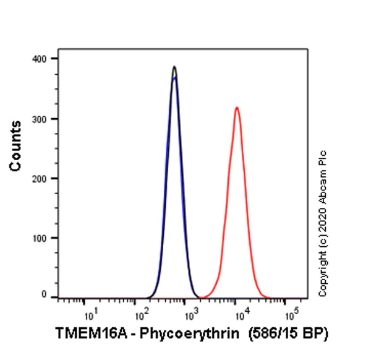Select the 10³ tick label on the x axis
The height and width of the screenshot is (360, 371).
(x=189, y=315)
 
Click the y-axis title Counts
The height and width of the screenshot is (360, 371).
(x=15, y=146)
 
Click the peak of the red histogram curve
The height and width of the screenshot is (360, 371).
(x=236, y=108)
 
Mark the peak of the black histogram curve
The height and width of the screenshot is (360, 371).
(x=174, y=67)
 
